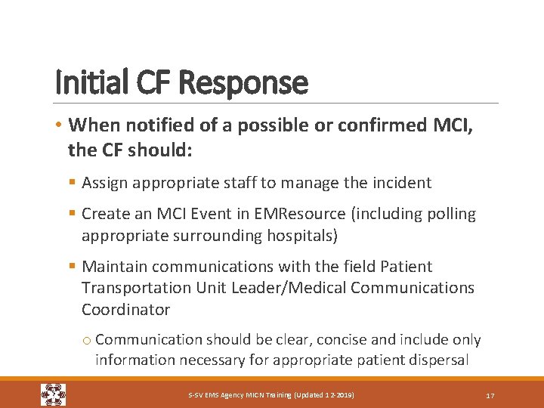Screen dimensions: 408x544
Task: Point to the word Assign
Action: pyautogui.click(x=106, y=183)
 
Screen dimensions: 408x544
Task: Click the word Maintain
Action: pyautogui.click(x=116, y=267)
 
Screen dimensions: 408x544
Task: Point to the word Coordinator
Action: pyautogui.click(x=125, y=309)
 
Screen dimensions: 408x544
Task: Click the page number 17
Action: pyautogui.click(x=490, y=395)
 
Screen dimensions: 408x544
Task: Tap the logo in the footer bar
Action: pyautogui.click(x=53, y=394)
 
